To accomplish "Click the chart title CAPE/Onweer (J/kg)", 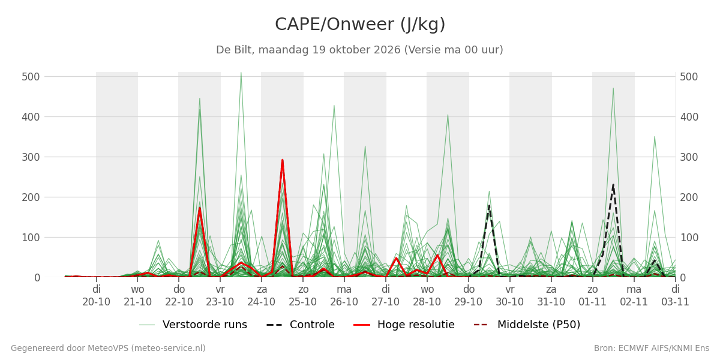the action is (360, 25).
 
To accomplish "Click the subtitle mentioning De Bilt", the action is (359, 50).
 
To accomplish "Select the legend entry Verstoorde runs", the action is (193, 325).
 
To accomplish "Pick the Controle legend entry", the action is (301, 325).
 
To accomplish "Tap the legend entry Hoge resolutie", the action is (404, 325).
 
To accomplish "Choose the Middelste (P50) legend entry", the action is (527, 325).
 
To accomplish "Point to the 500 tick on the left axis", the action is (31, 77).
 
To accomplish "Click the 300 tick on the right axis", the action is (689, 157).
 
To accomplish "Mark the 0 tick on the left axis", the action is (37, 278).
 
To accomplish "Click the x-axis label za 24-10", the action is (262, 296).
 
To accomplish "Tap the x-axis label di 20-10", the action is (96, 296).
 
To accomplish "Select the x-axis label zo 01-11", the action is (592, 296).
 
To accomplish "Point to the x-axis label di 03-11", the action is (675, 296).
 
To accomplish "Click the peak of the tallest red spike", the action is (282, 160).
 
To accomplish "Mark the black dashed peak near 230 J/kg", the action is (613, 185).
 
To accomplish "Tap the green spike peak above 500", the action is (241, 73).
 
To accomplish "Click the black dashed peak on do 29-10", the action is (489, 206).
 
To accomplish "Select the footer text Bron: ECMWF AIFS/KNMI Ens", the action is (652, 349).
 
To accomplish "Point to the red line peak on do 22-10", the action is (200, 208).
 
